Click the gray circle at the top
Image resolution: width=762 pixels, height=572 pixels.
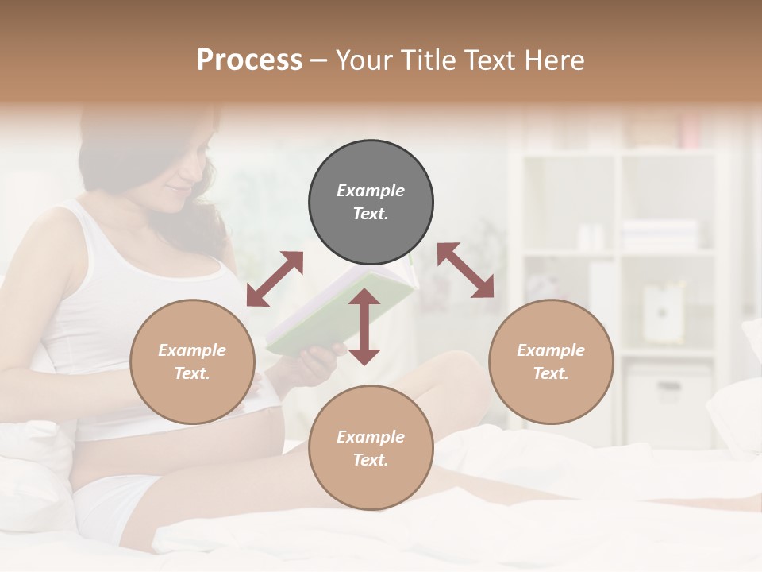tap(371, 202)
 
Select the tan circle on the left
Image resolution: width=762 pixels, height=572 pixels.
tap(192, 361)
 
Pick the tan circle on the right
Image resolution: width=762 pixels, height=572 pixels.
tap(551, 361)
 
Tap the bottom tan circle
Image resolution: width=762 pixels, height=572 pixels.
tap(371, 447)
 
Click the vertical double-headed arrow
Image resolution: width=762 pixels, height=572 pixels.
tap(364, 327)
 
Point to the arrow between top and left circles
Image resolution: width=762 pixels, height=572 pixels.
tap(275, 279)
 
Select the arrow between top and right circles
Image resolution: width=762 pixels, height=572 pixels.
tap(465, 270)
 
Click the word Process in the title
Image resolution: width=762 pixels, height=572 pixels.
tap(249, 60)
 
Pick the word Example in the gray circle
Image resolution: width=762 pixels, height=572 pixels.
tap(371, 191)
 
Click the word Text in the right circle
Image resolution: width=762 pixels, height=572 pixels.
tap(550, 373)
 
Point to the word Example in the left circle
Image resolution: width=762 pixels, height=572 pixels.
tap(192, 350)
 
